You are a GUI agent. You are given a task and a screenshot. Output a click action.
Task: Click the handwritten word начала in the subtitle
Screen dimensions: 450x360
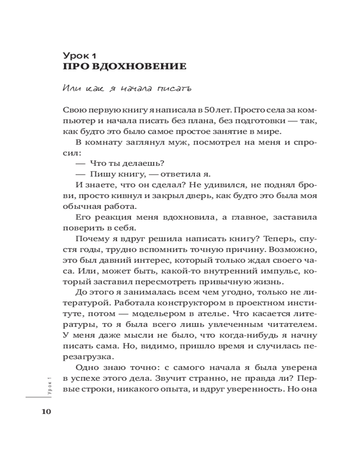[x=132, y=89]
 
